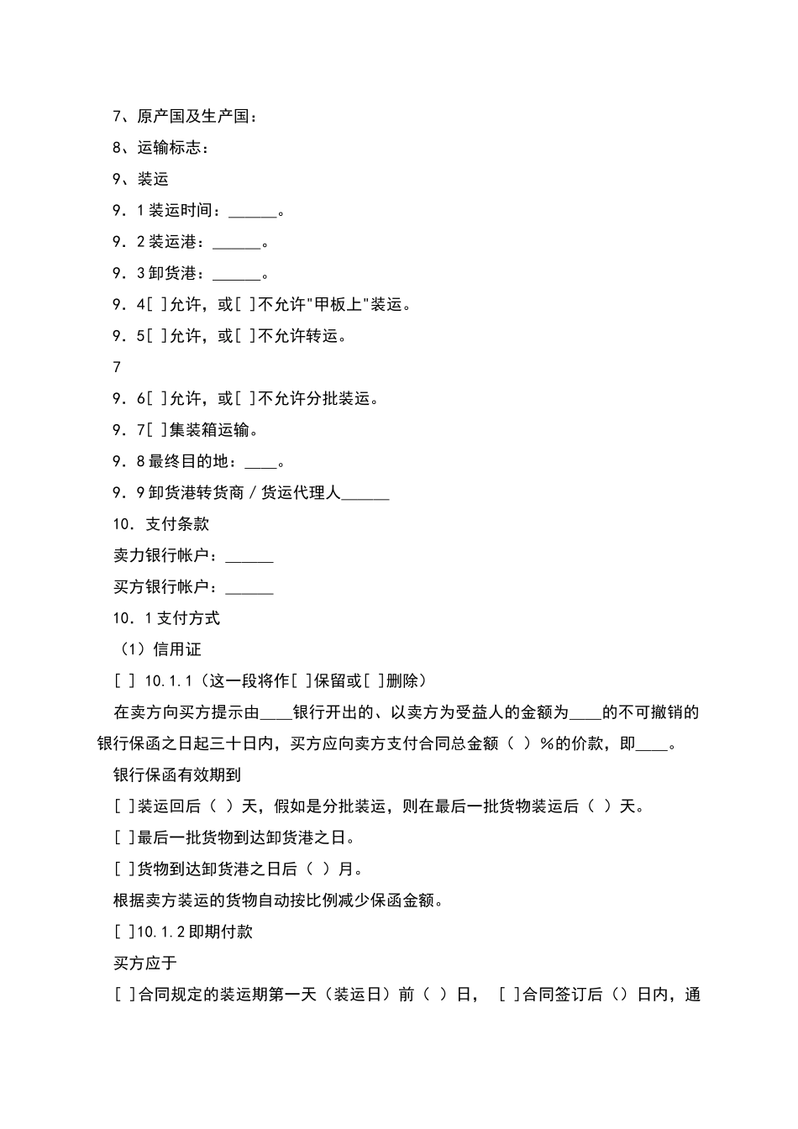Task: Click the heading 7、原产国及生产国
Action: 186,116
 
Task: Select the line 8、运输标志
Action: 160,148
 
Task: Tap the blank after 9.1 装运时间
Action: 252,212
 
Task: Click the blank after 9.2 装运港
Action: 236,244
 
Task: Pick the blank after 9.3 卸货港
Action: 236,275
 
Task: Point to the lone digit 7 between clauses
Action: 117,367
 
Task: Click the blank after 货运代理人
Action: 365,495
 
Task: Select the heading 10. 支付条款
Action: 161,524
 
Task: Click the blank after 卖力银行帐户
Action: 249,557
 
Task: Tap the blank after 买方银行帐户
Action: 249,588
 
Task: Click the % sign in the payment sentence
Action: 547,743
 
